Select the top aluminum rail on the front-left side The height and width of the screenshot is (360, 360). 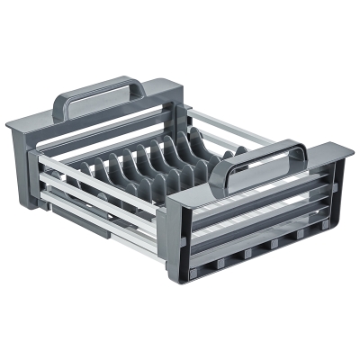pos(99,171)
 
